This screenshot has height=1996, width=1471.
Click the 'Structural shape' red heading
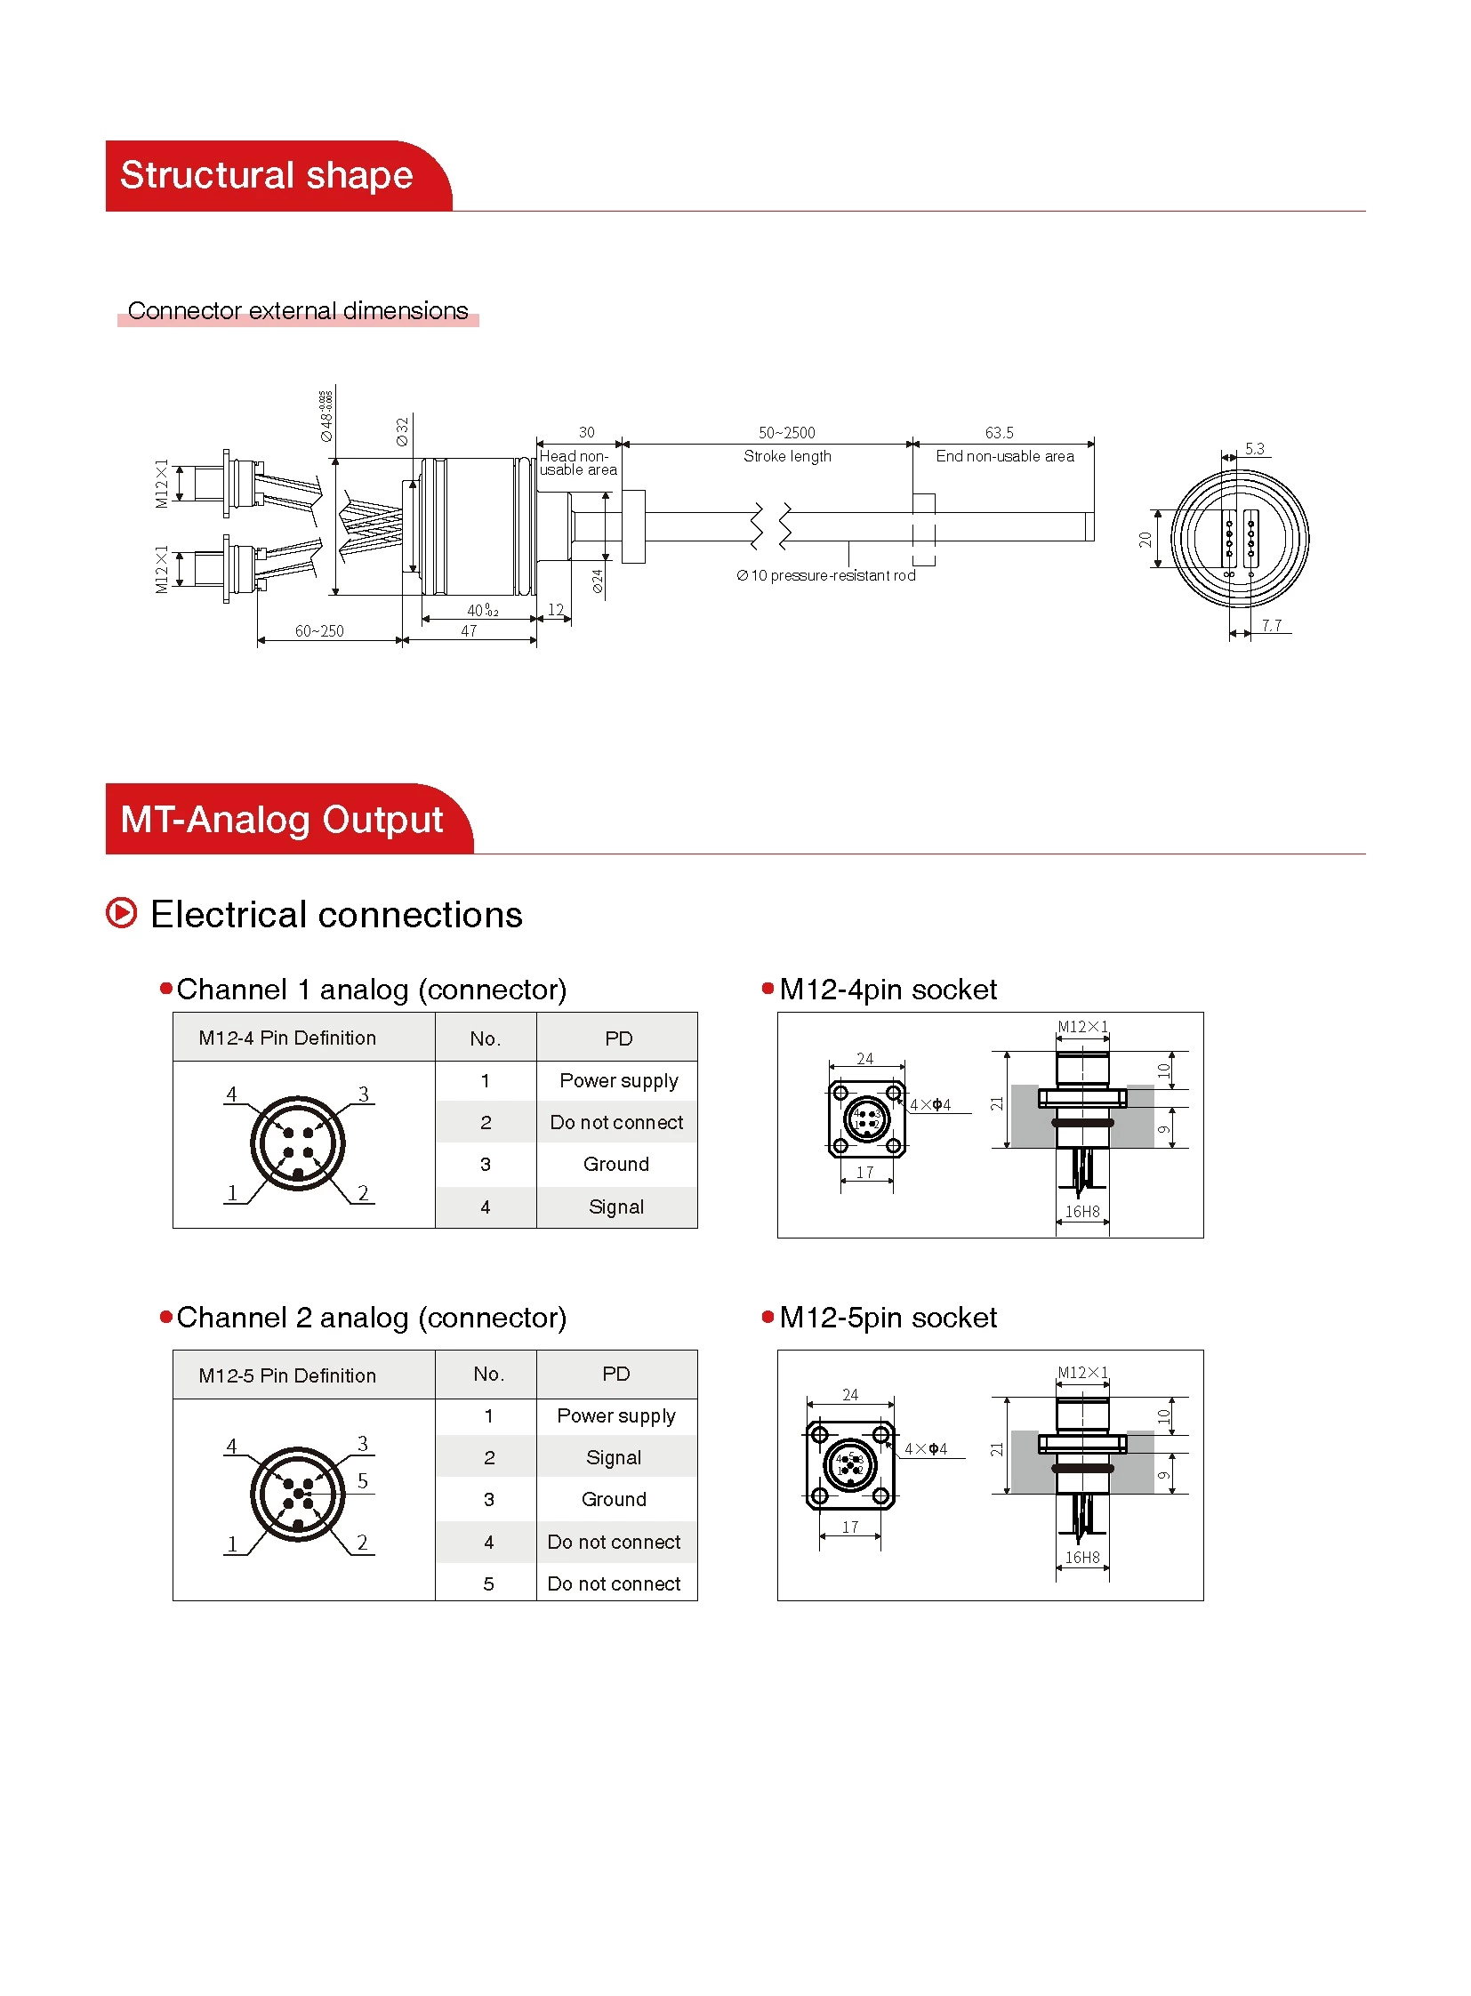(x=266, y=175)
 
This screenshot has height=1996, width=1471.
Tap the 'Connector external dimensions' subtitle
(x=297, y=310)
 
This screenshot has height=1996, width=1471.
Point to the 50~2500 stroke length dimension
(x=786, y=433)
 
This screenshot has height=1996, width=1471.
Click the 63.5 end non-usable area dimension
(x=998, y=433)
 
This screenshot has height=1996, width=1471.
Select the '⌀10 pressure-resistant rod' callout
(x=825, y=575)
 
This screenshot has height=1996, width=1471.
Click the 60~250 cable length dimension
(x=318, y=630)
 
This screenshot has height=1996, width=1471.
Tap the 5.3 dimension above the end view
(x=1254, y=449)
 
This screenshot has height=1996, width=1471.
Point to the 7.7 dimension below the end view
(x=1271, y=625)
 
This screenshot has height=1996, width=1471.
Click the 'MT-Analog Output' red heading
(x=281, y=819)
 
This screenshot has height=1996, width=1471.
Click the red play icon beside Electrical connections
(x=122, y=912)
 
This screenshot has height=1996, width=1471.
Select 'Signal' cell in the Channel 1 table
(x=615, y=1206)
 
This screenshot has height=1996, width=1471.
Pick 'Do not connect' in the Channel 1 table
(x=615, y=1122)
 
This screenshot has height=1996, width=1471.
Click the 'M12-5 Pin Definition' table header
(x=286, y=1375)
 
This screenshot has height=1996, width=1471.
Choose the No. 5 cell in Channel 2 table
(x=488, y=1583)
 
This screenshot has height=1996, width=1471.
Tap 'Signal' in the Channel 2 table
(x=613, y=1457)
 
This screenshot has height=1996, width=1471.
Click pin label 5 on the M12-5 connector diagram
(x=362, y=1480)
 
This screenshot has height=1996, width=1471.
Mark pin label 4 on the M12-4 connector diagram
(x=231, y=1094)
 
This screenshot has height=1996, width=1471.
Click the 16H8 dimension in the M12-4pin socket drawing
(x=1081, y=1211)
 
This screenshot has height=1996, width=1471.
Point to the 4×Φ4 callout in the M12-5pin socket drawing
(x=925, y=1448)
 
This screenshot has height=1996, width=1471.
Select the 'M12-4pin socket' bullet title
(x=887, y=989)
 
